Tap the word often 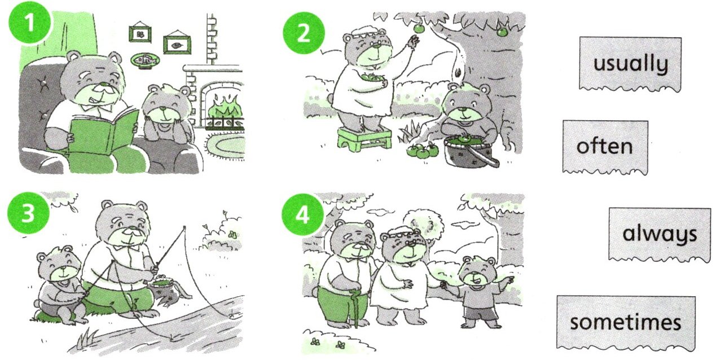pyautogui.click(x=604, y=146)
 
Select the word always pyautogui.click(x=660, y=234)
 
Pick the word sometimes pyautogui.click(x=625, y=322)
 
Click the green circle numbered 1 pyautogui.click(x=30, y=23)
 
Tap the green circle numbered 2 pyautogui.click(x=304, y=33)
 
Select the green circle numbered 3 pyautogui.click(x=28, y=213)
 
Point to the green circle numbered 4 pyautogui.click(x=302, y=214)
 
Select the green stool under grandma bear pyautogui.click(x=364, y=139)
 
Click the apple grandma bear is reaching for pyautogui.click(x=420, y=28)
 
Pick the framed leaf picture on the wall pyautogui.click(x=177, y=45)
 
